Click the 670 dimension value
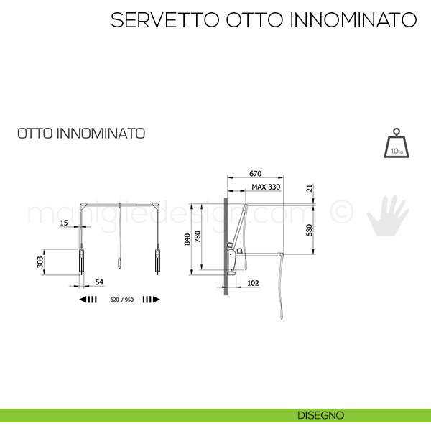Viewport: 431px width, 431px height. point(255,174)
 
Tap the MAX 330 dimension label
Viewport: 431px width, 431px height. point(266,187)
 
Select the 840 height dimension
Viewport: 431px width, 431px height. point(187,239)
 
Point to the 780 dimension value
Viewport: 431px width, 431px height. point(198,236)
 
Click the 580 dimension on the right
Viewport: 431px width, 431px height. point(310,230)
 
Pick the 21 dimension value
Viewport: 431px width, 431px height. point(310,188)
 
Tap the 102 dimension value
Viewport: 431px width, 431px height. point(253,283)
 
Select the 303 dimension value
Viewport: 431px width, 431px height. point(40,262)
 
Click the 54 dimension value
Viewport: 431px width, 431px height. point(99,282)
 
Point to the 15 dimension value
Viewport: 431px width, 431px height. point(64,223)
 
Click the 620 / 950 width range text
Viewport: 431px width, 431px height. point(122,300)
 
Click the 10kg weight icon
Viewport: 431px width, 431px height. point(397,143)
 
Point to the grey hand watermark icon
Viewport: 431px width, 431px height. point(388,215)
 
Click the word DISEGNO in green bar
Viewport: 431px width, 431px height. point(320,415)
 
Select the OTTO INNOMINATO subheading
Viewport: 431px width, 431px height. point(81,134)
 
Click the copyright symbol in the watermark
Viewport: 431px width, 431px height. point(341,211)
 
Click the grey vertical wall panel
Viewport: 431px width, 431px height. point(226,246)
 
